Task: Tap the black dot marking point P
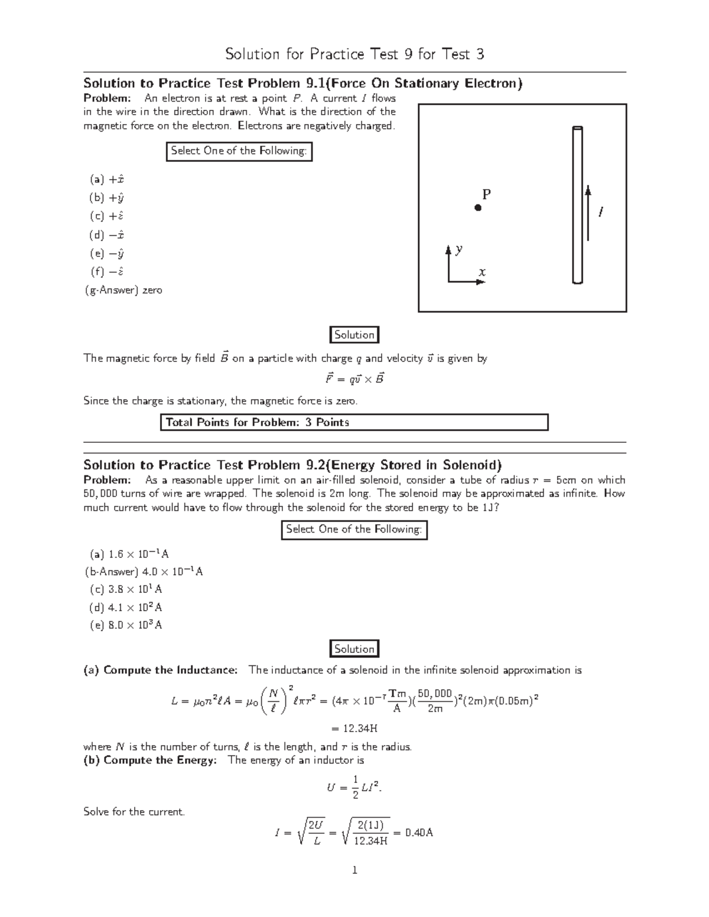click(478, 208)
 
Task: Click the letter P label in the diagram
click(486, 194)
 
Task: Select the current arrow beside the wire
click(588, 213)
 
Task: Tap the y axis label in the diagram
click(458, 249)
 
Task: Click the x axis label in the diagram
click(482, 272)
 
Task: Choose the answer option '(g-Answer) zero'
click(124, 291)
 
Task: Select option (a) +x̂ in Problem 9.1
click(107, 180)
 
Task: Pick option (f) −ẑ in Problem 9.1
click(107, 272)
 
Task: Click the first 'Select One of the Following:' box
click(239, 151)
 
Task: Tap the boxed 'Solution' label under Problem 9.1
click(354, 335)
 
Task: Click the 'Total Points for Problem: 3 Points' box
click(354, 422)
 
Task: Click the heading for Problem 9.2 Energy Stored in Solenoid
click(292, 465)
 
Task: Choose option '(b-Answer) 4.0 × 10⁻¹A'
click(144, 572)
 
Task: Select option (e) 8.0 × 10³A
click(126, 625)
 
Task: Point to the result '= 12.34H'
click(354, 727)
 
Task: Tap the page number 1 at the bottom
click(354, 870)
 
